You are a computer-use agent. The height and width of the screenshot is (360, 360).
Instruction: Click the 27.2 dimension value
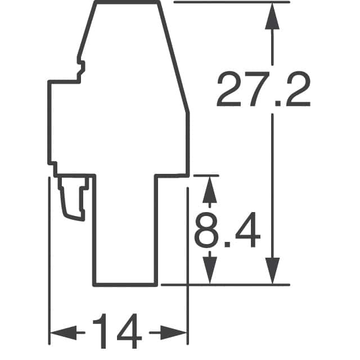click(x=263, y=89)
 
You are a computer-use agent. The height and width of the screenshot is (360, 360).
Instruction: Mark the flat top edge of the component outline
click(x=127, y=2)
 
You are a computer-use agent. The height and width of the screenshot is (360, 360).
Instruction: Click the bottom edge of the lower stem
click(x=124, y=285)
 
